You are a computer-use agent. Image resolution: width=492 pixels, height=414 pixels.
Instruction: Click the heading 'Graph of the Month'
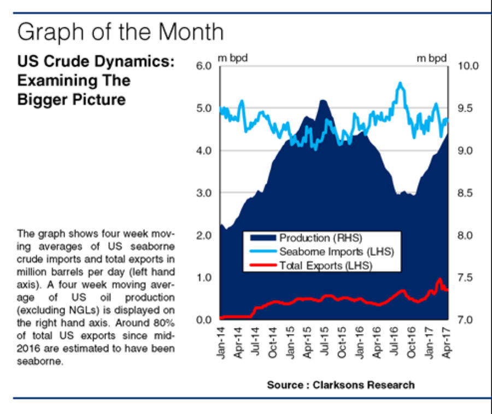pos(120,32)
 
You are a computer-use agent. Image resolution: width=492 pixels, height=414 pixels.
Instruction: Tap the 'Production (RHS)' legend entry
pos(320,238)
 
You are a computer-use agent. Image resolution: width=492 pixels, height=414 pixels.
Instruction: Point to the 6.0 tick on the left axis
pos(203,66)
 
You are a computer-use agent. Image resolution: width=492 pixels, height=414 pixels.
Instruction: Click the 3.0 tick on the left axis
pos(203,193)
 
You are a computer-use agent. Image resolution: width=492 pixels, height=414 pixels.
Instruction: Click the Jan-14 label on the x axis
pos(221,342)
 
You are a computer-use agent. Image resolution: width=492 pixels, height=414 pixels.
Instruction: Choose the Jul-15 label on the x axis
pos(325,342)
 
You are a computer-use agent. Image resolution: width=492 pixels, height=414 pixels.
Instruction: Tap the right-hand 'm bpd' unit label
pos(432,58)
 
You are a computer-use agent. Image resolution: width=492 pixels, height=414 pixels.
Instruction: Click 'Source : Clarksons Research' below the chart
pos(340,385)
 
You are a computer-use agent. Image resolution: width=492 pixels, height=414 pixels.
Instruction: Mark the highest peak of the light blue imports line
pos(401,83)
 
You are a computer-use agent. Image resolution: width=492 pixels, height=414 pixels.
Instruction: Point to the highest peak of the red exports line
pos(440,279)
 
